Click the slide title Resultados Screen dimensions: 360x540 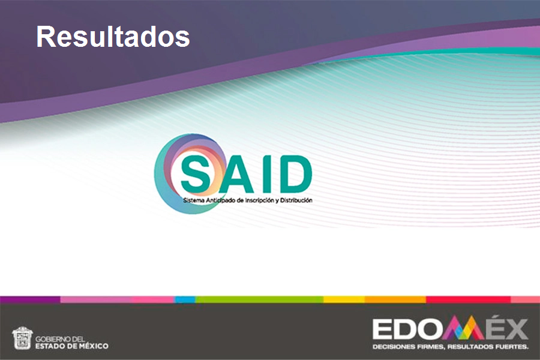point(113,37)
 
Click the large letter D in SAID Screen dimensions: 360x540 point(295,173)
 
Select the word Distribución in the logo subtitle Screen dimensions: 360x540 point(298,200)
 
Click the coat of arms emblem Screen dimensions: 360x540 point(22,338)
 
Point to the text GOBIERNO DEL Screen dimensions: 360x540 point(61,338)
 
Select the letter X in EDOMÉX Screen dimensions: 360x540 point(514,329)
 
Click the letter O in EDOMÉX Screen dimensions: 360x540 point(430,329)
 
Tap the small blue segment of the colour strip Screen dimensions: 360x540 point(185,299)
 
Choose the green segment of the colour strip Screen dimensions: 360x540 point(259,299)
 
